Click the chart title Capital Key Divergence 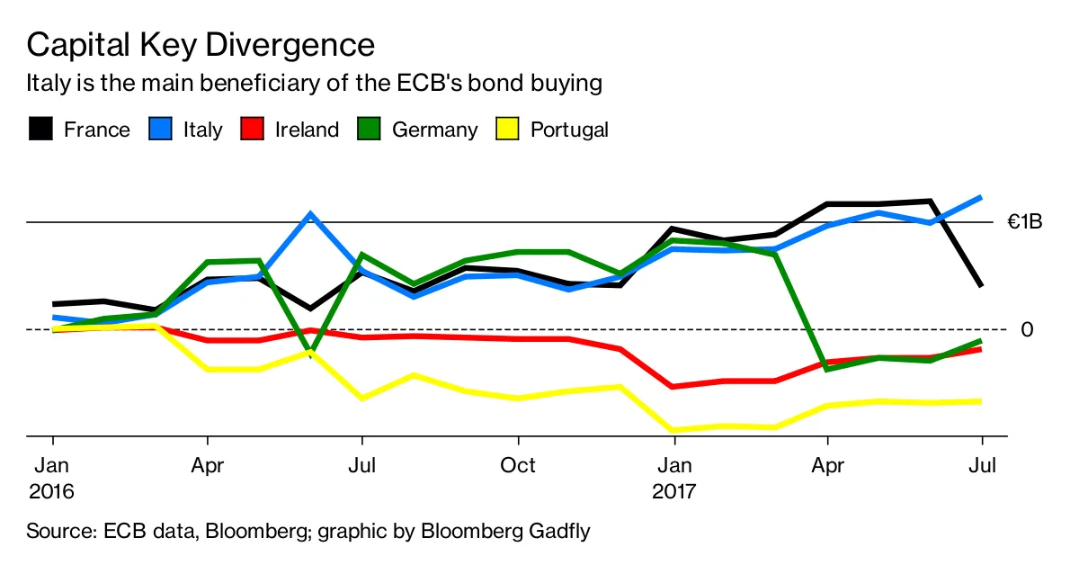tap(201, 45)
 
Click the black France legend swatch tap(40, 130)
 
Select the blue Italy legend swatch tap(159, 130)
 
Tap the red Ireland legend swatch tap(251, 130)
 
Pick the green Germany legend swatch tap(368, 130)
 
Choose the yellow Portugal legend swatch tap(507, 130)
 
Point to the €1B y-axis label tap(1025, 221)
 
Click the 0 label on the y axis tap(1027, 329)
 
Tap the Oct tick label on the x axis tap(518, 465)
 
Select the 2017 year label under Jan tap(673, 492)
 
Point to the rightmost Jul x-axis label tap(982, 465)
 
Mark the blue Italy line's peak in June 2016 tap(310, 214)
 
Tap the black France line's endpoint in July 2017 tap(981, 286)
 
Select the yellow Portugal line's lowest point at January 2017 tap(673, 430)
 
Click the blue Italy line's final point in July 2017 tap(981, 197)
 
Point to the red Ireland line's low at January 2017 tap(673, 387)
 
